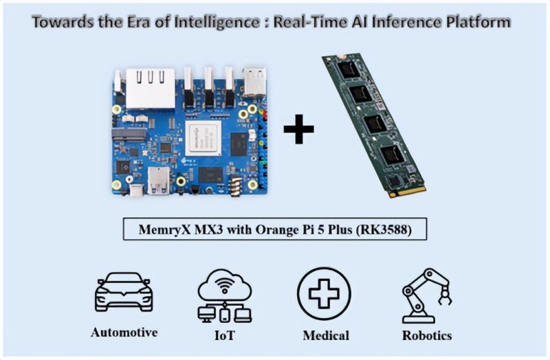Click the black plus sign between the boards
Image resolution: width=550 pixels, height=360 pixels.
[x=298, y=129]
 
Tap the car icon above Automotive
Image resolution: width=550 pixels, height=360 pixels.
[x=124, y=292]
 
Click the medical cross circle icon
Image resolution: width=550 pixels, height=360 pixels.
[x=324, y=293]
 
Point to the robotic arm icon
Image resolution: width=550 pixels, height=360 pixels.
[x=426, y=295]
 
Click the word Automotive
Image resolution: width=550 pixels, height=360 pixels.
[x=124, y=333]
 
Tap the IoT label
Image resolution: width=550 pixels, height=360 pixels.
[x=224, y=335]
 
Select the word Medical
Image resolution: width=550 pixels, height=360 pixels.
[x=326, y=335]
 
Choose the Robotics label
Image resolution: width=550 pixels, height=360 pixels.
[x=427, y=335]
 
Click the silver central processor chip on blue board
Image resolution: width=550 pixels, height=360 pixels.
[x=203, y=139]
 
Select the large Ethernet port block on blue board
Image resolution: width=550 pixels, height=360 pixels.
[x=150, y=89]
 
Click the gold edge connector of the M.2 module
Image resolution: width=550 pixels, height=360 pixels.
[x=407, y=191]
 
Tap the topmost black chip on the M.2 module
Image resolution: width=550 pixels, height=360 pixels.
[x=348, y=69]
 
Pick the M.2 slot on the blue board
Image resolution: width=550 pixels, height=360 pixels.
[x=129, y=133]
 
